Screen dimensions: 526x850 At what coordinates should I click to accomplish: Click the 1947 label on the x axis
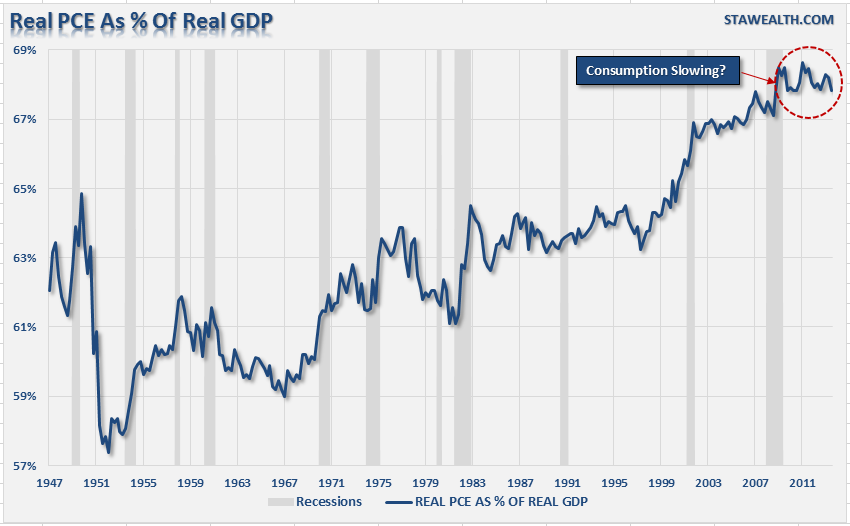[x=49, y=483]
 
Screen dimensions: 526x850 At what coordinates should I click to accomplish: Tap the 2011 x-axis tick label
[x=801, y=483]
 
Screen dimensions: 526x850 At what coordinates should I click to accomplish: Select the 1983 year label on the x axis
[x=472, y=483]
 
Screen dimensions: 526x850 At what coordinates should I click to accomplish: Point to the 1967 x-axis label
[x=284, y=483]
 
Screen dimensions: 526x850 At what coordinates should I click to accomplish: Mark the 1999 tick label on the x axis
[x=660, y=483]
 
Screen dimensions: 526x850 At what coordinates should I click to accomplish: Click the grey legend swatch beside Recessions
[x=283, y=502]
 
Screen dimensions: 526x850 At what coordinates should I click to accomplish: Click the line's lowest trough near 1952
[x=108, y=452]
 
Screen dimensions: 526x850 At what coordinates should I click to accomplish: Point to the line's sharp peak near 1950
[x=81, y=194]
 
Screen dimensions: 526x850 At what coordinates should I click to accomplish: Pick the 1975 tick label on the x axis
[x=378, y=483]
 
